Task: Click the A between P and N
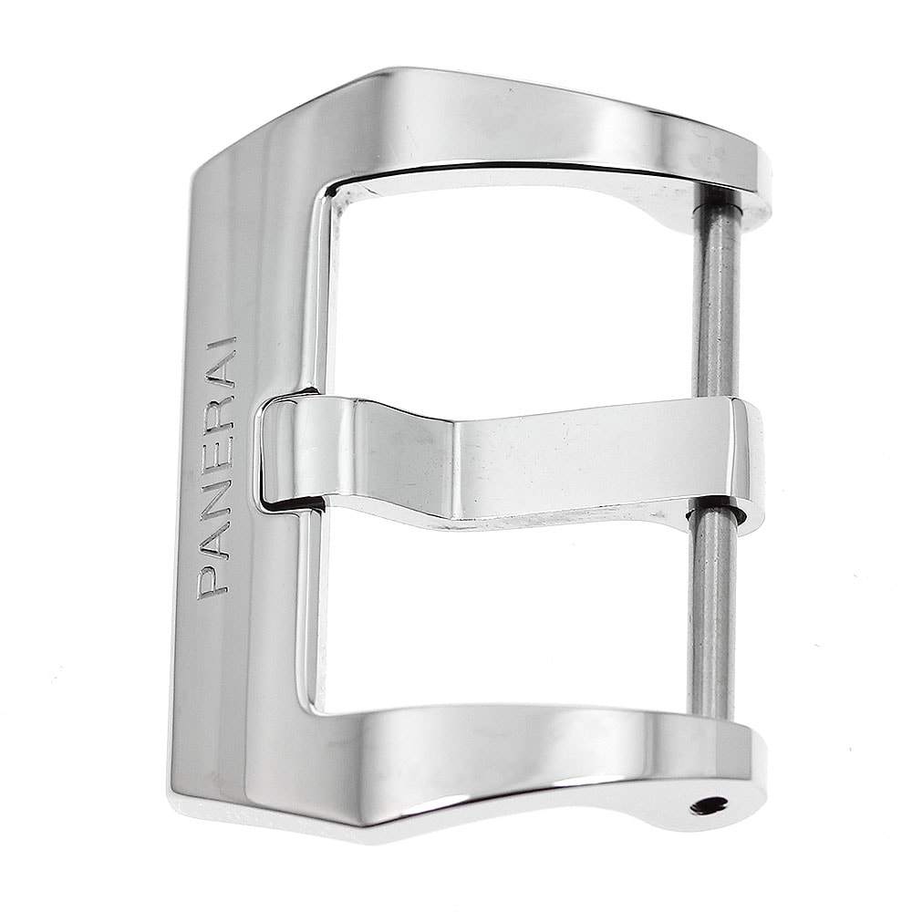pyautogui.click(x=214, y=540)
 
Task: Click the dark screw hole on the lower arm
pyautogui.click(x=709, y=806)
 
